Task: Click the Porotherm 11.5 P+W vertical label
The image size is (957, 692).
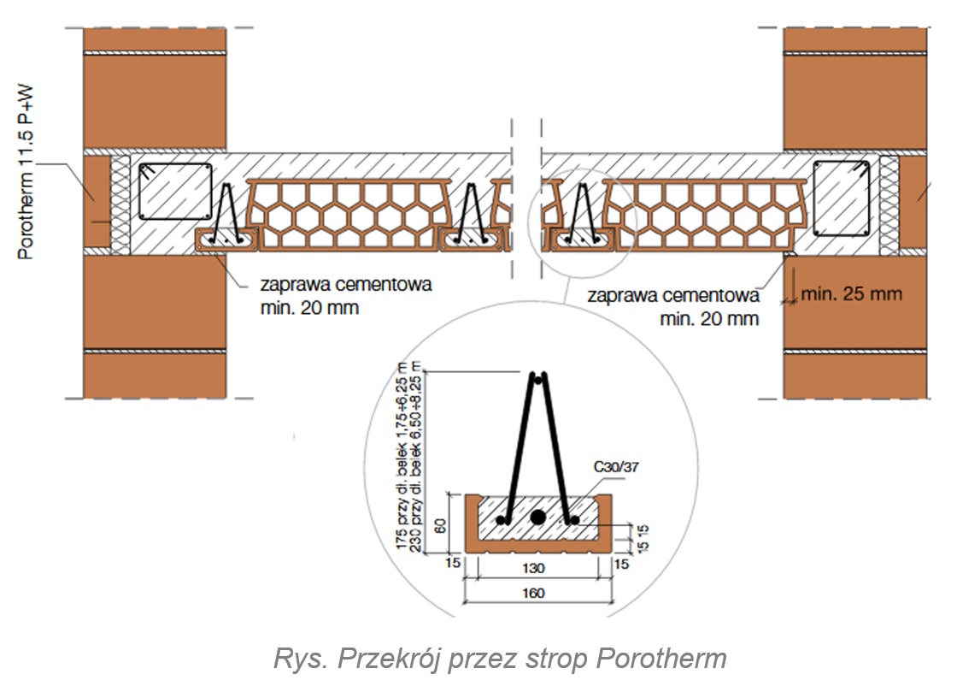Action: click(x=26, y=172)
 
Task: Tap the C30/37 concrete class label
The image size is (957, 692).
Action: click(x=616, y=467)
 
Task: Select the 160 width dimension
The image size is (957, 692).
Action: click(x=533, y=593)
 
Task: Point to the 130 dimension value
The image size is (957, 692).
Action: click(x=533, y=569)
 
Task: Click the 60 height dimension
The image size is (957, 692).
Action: click(x=440, y=525)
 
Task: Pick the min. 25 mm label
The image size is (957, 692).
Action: click(x=851, y=293)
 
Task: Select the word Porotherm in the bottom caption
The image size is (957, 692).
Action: click(x=661, y=659)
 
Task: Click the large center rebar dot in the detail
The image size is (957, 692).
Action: click(x=537, y=518)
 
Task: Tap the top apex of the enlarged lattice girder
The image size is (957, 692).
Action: click(x=537, y=376)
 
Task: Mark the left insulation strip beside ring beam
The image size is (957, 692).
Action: click(x=120, y=204)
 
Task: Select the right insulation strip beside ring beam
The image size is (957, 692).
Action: click(x=889, y=204)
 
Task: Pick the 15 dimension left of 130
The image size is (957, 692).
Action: click(x=452, y=563)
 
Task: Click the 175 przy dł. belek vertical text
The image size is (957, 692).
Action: click(x=402, y=455)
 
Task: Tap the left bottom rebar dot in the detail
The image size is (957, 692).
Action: click(x=502, y=520)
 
